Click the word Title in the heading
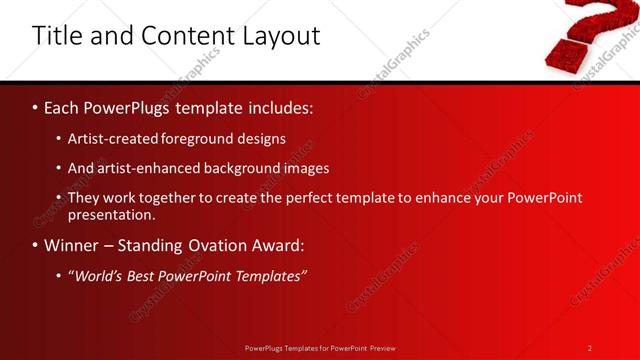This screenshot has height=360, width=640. [59, 36]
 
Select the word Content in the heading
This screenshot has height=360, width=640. [186, 36]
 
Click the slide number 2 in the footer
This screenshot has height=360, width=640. [590, 348]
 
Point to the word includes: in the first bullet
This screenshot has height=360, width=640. [274, 107]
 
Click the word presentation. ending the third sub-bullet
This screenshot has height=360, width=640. [111, 214]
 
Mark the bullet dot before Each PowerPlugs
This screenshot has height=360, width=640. [35, 107]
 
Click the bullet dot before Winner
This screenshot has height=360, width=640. [35, 245]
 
